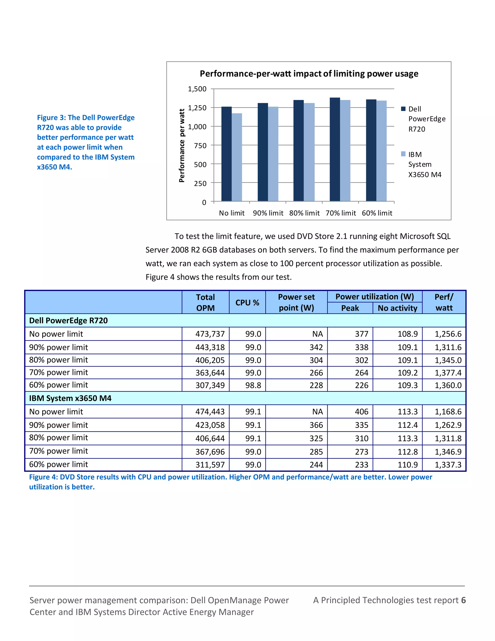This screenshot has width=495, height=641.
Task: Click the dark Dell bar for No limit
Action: click(x=226, y=154)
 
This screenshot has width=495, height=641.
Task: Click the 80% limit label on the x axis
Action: click(x=304, y=213)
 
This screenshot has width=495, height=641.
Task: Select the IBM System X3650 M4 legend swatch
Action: click(x=403, y=154)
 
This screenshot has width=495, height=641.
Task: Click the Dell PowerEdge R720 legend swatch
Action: click(x=403, y=109)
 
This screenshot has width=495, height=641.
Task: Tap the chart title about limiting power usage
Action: click(x=309, y=74)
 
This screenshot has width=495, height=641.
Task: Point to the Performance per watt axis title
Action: click(x=182, y=146)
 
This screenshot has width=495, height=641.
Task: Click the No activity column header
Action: click(x=397, y=308)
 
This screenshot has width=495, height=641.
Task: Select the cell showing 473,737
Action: click(x=210, y=334)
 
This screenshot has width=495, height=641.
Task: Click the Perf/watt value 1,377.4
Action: click(x=448, y=373)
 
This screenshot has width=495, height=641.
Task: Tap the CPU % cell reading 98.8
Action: click(x=253, y=385)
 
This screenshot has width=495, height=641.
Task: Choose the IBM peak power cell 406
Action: click(x=362, y=412)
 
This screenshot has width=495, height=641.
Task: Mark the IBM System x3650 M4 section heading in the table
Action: click(x=70, y=398)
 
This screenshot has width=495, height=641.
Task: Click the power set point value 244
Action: click(x=316, y=465)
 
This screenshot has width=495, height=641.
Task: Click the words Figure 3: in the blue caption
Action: click(x=51, y=118)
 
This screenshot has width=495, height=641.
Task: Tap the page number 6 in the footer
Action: click(x=463, y=600)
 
